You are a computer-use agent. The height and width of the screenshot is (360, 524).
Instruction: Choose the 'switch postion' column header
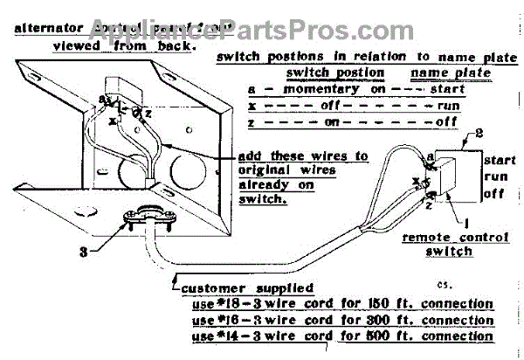(335, 73)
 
